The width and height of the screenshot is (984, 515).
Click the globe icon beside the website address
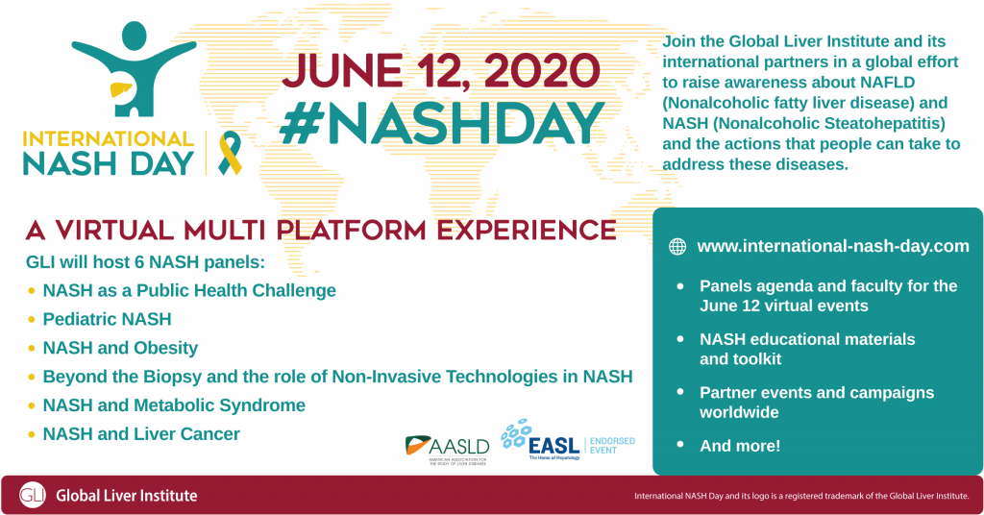677,247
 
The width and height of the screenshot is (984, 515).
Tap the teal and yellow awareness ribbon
230,153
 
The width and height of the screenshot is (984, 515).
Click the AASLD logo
448,450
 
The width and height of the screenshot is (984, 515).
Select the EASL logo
540,440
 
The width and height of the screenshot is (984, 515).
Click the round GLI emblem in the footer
32,495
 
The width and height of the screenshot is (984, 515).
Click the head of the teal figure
134,36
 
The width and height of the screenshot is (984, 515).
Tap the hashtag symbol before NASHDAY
300,124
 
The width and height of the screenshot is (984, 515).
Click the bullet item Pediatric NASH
107,319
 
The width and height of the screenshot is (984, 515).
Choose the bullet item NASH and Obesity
120,348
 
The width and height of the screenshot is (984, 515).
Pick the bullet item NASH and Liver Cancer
141,434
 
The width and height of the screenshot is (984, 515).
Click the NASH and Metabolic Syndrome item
174,405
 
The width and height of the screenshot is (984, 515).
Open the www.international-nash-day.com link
833,246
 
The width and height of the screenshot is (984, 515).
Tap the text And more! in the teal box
740,446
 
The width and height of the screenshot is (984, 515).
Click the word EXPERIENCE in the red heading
527,231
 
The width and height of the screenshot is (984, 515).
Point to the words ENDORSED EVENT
612,446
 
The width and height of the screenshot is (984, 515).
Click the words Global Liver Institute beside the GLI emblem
127,496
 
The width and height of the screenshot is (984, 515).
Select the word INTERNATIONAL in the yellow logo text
108,138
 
